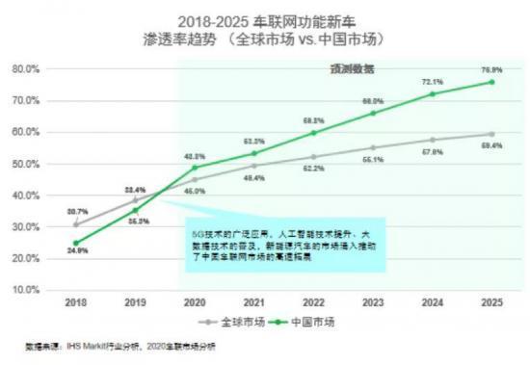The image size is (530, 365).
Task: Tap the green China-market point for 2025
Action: pyautogui.click(x=491, y=82)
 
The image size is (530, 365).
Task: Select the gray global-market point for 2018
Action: pyautogui.click(x=76, y=224)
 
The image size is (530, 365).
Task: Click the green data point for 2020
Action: pyautogui.click(x=195, y=168)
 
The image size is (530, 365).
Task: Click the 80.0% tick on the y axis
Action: pyautogui.click(x=25, y=69)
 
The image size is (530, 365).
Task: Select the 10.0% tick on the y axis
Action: pyautogui.click(x=25, y=290)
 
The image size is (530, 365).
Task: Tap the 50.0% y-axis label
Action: pyautogui.click(x=25, y=164)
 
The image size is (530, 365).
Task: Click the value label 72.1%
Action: pyautogui.click(x=433, y=82)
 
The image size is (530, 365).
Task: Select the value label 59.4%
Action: pyautogui.click(x=493, y=145)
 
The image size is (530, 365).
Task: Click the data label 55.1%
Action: pyautogui.click(x=373, y=160)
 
